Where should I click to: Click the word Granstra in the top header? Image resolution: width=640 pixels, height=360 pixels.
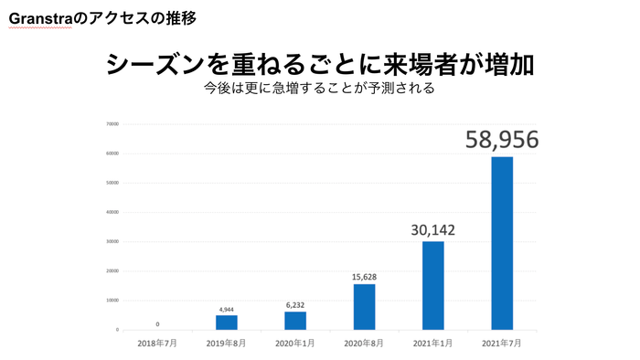click(x=38, y=17)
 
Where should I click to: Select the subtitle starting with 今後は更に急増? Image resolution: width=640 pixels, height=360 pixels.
click(x=319, y=90)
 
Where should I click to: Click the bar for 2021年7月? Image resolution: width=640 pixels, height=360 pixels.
click(x=502, y=243)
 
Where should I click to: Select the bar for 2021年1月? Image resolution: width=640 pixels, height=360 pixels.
click(x=432, y=285)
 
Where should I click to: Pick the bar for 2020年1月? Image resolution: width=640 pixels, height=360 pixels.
click(x=295, y=320)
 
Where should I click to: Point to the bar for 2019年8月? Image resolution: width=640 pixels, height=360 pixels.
click(x=227, y=322)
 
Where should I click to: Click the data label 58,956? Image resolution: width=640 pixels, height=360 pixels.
click(x=502, y=139)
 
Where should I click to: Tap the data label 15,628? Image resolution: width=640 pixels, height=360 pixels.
click(x=364, y=275)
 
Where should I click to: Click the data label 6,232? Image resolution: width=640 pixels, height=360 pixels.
click(x=295, y=305)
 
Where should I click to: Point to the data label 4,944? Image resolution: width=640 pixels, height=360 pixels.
click(x=227, y=308)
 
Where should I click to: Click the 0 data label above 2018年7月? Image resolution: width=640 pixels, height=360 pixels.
click(x=157, y=323)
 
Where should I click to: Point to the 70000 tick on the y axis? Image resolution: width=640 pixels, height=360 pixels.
click(x=112, y=124)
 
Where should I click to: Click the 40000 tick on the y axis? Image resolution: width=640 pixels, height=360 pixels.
click(x=112, y=212)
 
